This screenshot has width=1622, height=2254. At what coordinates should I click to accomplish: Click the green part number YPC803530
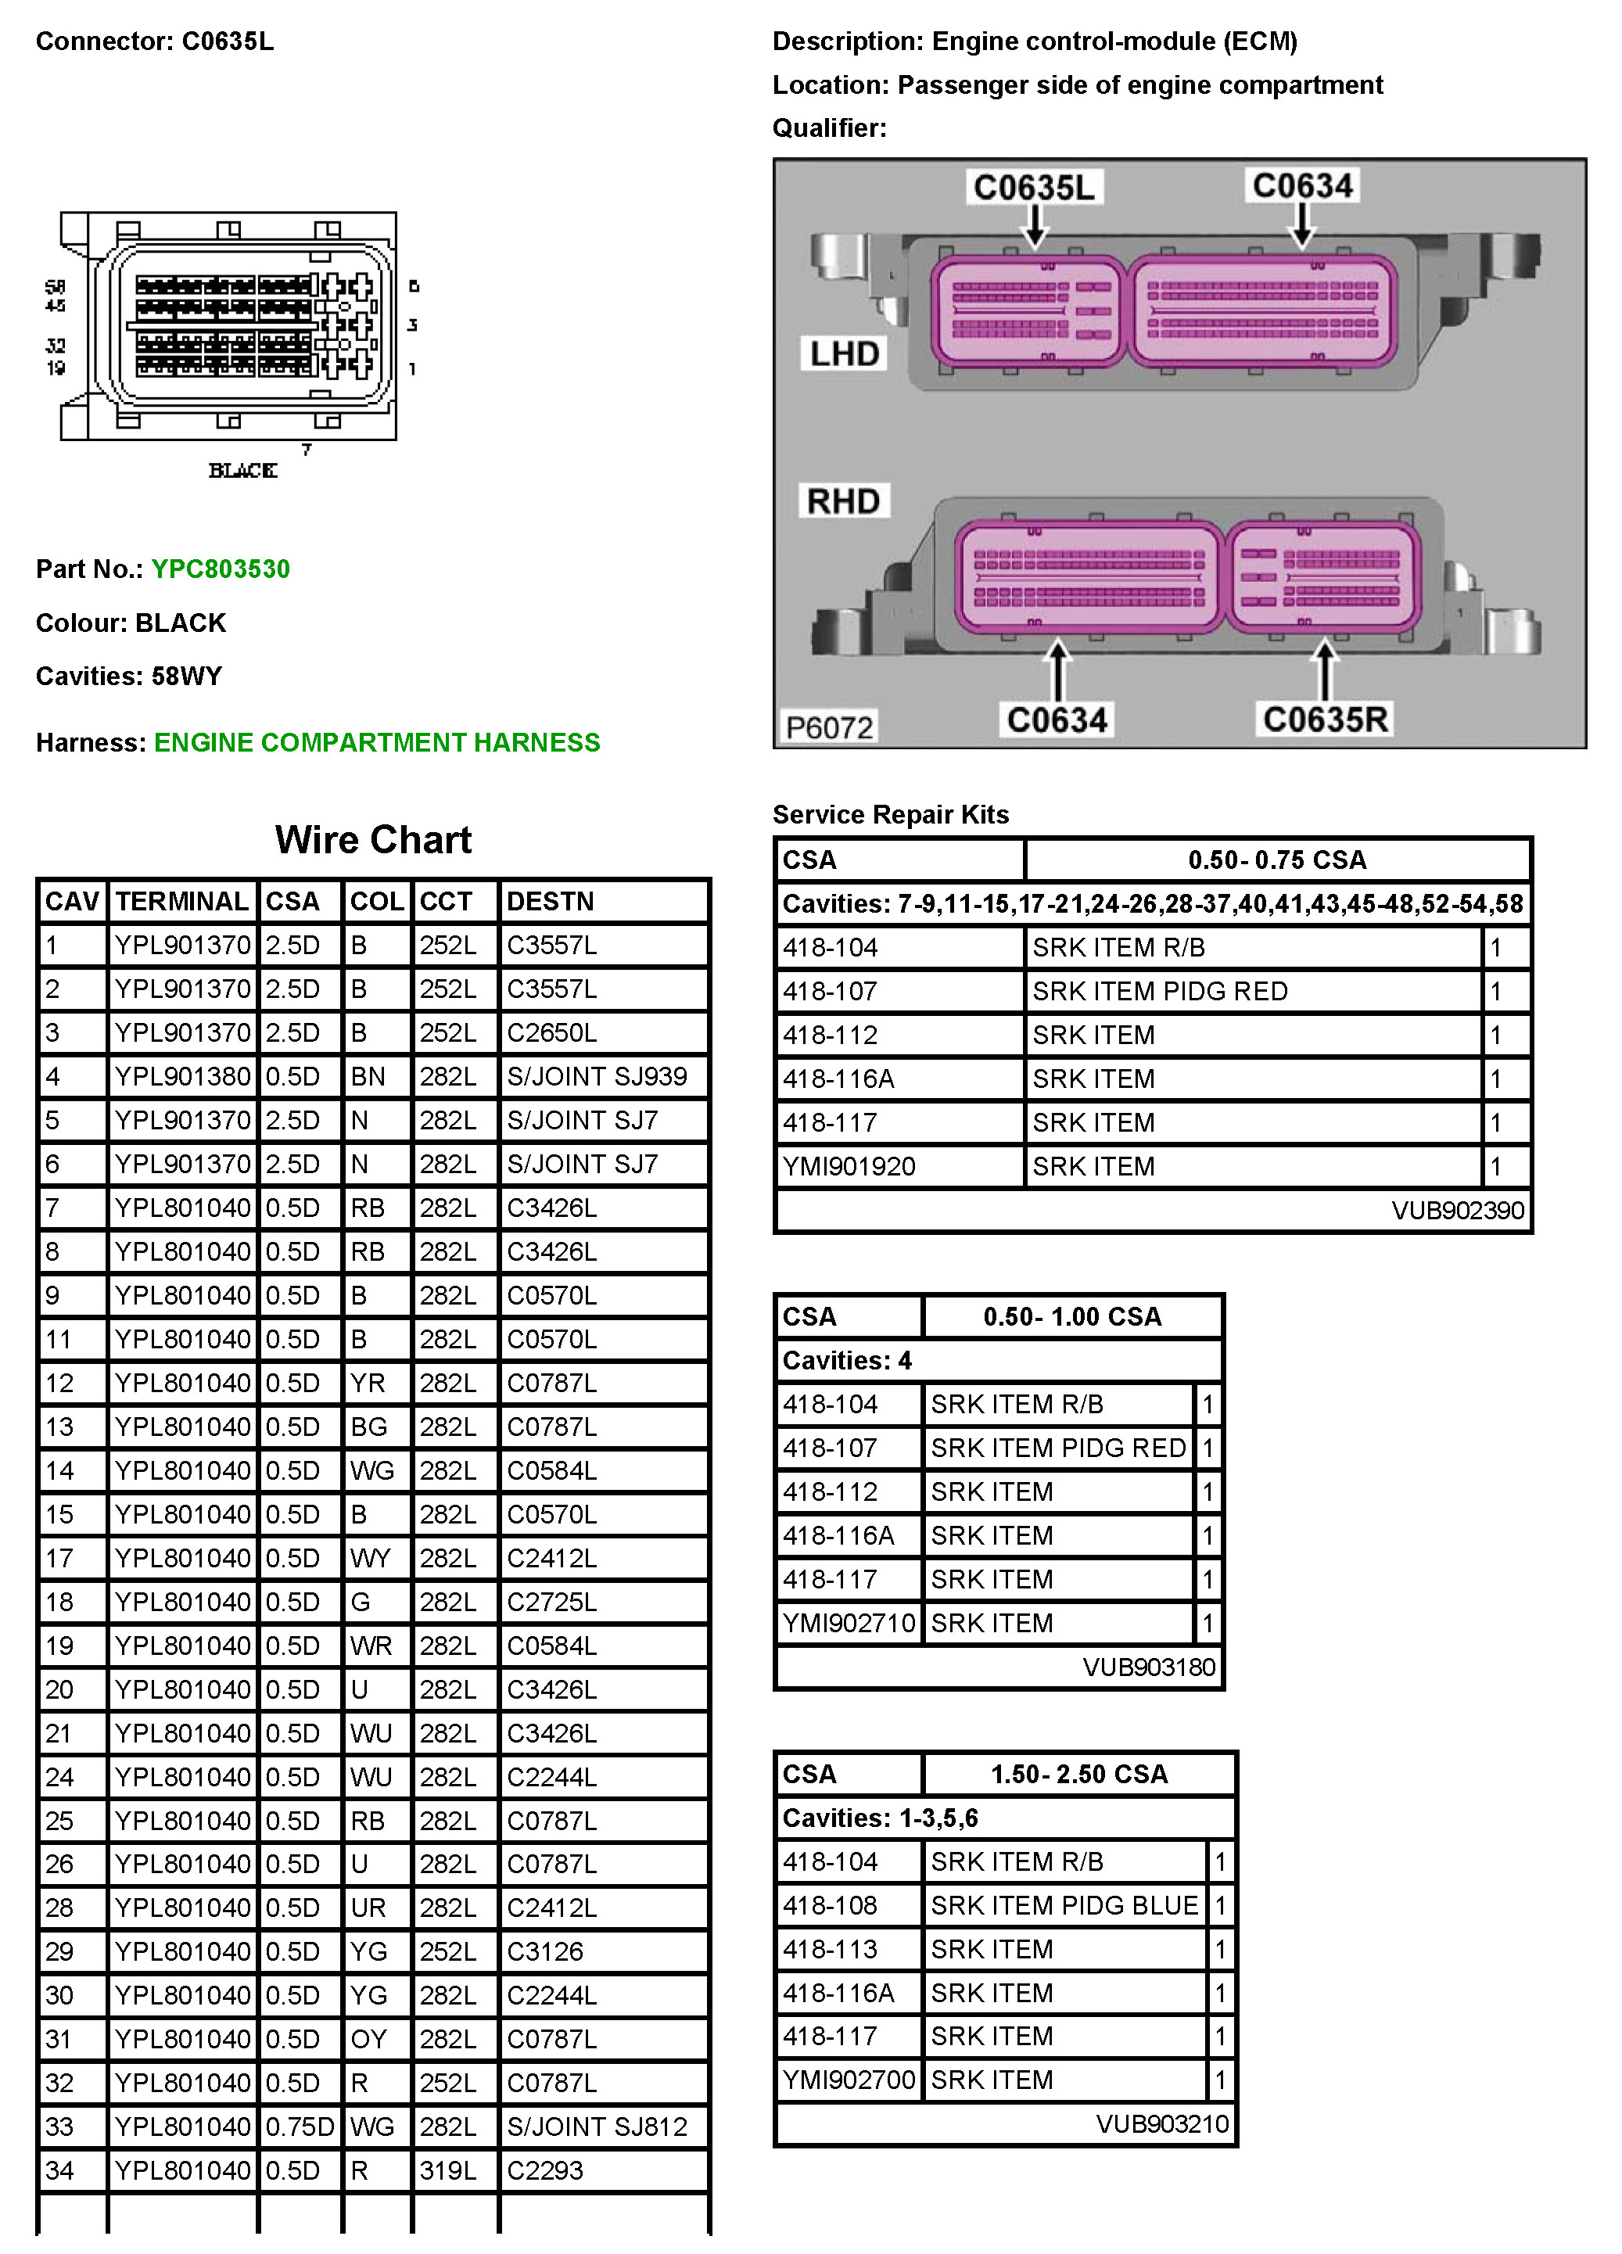pyautogui.click(x=221, y=569)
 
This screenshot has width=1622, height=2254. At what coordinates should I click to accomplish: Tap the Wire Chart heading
pyautogui.click(x=373, y=840)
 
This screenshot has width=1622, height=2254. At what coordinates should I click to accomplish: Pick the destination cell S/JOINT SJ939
pyautogui.click(x=596, y=1076)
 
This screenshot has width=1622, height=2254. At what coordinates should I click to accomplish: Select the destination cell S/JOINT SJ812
pyautogui.click(x=596, y=2126)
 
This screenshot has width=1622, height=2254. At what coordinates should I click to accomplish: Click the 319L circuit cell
pyautogui.click(x=447, y=2170)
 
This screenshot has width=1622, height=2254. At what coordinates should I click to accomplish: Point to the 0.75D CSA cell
pyautogui.click(x=300, y=2126)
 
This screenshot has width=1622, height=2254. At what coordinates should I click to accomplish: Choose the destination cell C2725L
pyautogui.click(x=551, y=1601)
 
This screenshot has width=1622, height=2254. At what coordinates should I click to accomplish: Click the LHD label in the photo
pyautogui.click(x=844, y=354)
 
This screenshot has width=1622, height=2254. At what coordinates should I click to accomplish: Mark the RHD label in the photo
pyautogui.click(x=843, y=501)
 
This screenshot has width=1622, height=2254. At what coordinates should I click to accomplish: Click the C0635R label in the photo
pyautogui.click(x=1325, y=719)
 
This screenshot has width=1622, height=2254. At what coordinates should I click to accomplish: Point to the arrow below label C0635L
pyautogui.click(x=1035, y=228)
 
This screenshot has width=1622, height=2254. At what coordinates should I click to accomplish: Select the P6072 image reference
pyautogui.click(x=829, y=727)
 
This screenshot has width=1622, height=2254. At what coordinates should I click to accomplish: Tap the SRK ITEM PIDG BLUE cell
pyautogui.click(x=1064, y=1905)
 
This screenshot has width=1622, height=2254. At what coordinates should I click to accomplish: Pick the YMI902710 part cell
pyautogui.click(x=848, y=1623)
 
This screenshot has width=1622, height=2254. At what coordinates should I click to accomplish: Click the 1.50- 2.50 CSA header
pyautogui.click(x=1078, y=1774)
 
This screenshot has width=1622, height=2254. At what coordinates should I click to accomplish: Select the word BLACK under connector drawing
pyautogui.click(x=242, y=470)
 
